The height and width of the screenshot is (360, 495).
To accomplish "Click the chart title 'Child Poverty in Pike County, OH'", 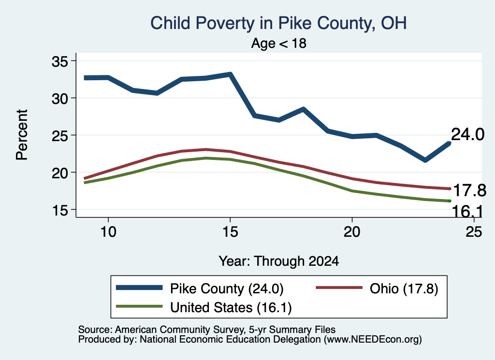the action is pyautogui.click(x=278, y=24).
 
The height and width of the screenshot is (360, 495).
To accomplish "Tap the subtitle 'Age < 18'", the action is pyautogui.click(x=278, y=43).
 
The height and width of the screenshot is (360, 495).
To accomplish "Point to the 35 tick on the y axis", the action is pyautogui.click(x=60, y=61).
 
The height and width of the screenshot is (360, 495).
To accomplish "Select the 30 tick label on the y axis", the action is pyautogui.click(x=60, y=99).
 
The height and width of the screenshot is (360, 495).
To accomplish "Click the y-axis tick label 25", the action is pyautogui.click(x=60, y=136).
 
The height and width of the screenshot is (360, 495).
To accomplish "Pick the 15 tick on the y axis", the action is pyautogui.click(x=60, y=210).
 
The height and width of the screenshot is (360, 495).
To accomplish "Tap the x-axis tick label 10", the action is pyautogui.click(x=108, y=232).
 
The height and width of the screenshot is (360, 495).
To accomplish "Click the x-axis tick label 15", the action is pyautogui.click(x=230, y=232).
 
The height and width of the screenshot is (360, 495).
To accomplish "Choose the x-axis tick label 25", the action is pyautogui.click(x=474, y=232).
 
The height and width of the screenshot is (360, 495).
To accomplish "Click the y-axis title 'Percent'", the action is pyautogui.click(x=22, y=135).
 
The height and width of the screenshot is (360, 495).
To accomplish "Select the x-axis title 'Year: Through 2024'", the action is pyautogui.click(x=279, y=261).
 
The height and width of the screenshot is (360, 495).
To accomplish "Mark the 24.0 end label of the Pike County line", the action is pyautogui.click(x=467, y=134).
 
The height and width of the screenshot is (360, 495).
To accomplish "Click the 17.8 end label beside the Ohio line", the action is pyautogui.click(x=469, y=190).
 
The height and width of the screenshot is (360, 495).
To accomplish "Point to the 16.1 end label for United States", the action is pyautogui.click(x=467, y=211).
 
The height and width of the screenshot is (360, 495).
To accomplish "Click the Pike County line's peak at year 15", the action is pyautogui.click(x=231, y=74).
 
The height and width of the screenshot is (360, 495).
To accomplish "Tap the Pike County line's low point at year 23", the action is pyautogui.click(x=425, y=160).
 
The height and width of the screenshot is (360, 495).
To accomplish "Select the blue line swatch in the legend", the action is pyautogui.click(x=139, y=288).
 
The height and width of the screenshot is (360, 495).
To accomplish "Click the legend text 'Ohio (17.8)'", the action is pyautogui.click(x=404, y=288).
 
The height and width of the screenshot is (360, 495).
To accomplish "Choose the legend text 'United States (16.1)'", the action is pyautogui.click(x=231, y=308).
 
